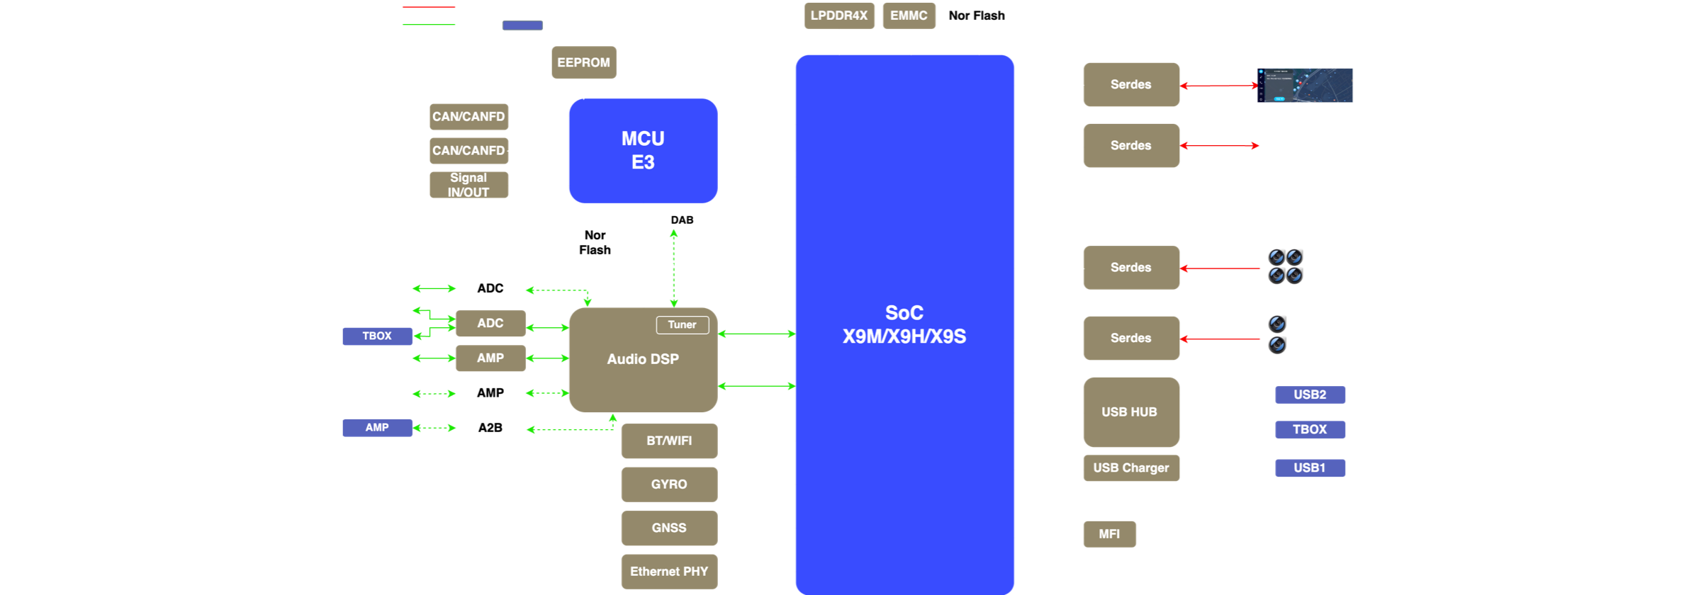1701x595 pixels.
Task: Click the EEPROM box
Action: coord(584,62)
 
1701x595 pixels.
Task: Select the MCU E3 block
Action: coord(643,150)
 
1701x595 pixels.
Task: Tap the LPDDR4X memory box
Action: coord(839,16)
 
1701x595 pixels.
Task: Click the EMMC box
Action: coord(909,16)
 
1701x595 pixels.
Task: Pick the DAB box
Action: coord(682,220)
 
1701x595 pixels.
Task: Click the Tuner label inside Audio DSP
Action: coord(682,324)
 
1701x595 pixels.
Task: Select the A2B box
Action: coord(490,428)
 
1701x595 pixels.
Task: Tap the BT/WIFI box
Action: coord(669,441)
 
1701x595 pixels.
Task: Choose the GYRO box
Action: coord(669,484)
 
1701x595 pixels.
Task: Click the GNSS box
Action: coord(669,528)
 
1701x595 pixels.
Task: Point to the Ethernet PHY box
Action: coord(669,572)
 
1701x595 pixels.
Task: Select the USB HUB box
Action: coord(1130,412)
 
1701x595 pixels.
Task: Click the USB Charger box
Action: coord(1131,468)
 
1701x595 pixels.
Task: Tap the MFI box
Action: coord(1109,534)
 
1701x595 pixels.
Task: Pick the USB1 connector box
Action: coord(1310,468)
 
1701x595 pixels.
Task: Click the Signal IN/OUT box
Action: coord(468,185)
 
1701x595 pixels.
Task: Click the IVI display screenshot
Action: coord(1306,86)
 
